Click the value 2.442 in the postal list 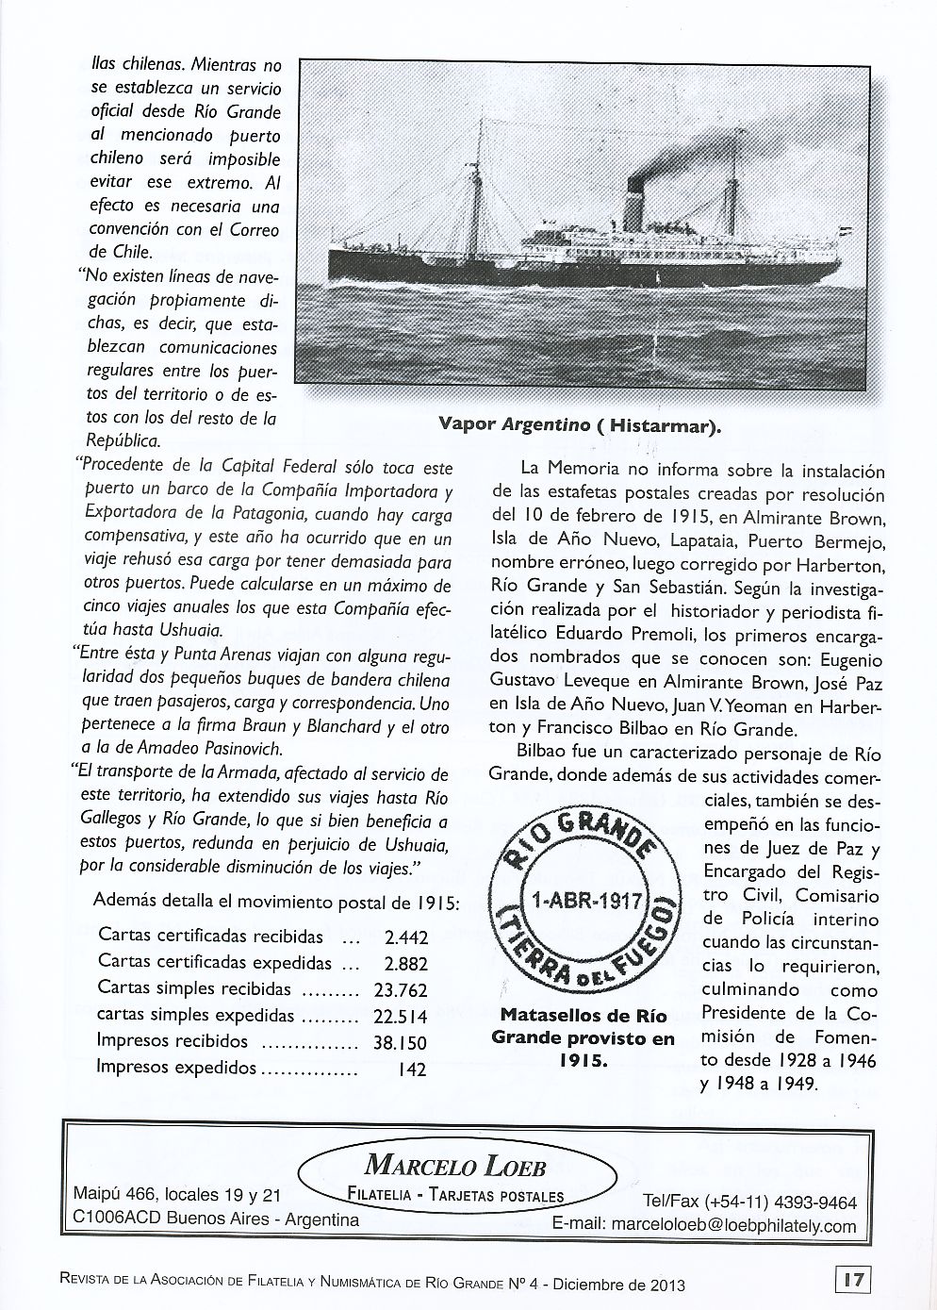pos(406,937)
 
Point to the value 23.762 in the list pos(401,990)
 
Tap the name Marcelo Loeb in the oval pos(455,1166)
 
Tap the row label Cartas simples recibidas pos(194,990)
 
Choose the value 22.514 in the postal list pos(401,1017)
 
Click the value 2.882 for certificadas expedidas pos(406,964)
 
